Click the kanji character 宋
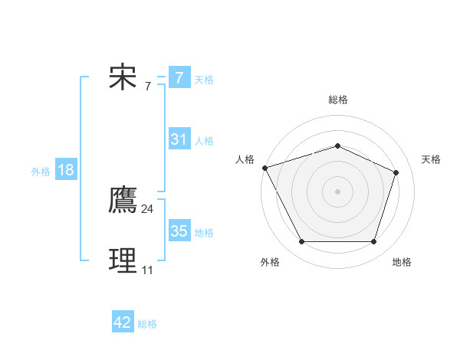click(x=123, y=77)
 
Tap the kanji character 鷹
click(x=123, y=201)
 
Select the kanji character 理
click(x=123, y=261)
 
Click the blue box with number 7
click(x=179, y=77)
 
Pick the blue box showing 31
click(x=179, y=139)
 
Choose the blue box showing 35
click(x=179, y=231)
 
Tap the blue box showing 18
click(x=66, y=170)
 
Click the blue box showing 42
click(x=123, y=322)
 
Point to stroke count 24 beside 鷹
click(x=147, y=208)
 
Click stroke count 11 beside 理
click(x=147, y=270)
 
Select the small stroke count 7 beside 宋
click(x=147, y=86)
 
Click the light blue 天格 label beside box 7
click(x=204, y=79)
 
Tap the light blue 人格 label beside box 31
click(x=204, y=141)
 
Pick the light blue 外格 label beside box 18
click(x=41, y=172)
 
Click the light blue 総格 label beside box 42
click(x=147, y=324)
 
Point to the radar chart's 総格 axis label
click(x=337, y=100)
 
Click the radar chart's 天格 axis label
click(x=431, y=159)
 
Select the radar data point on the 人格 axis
click(x=264, y=168)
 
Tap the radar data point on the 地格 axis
click(x=373, y=242)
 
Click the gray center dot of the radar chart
click(x=337, y=191)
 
